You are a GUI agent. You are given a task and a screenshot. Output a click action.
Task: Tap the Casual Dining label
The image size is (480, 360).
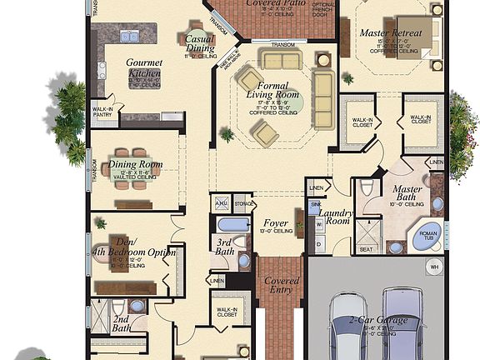tap(199, 43)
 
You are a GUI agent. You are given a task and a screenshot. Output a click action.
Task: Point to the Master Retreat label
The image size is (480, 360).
tap(390, 33)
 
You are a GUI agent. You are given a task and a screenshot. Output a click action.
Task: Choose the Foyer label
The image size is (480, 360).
tap(275, 223)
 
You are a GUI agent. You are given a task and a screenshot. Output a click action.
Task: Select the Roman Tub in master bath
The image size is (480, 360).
tap(427, 237)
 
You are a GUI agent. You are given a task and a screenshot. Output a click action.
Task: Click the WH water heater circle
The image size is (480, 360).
tap(433, 267)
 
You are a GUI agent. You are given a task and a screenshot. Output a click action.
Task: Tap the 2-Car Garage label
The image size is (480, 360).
tap(380, 321)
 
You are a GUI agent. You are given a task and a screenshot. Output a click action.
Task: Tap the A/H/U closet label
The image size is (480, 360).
tap(221, 202)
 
